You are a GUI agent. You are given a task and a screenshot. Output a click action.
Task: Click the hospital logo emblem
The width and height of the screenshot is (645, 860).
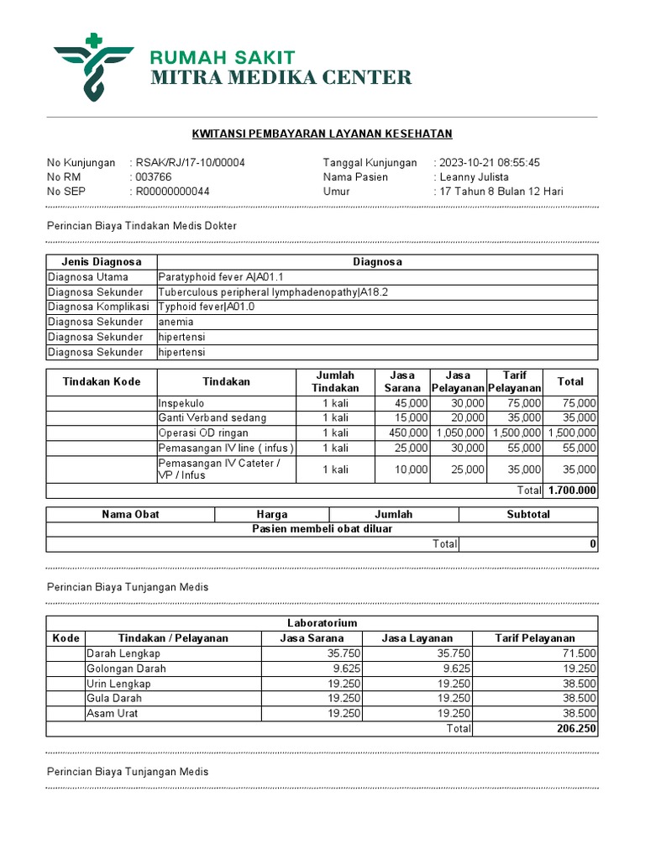(x=93, y=66)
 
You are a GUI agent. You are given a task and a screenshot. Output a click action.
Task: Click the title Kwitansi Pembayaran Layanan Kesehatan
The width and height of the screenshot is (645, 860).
(x=322, y=134)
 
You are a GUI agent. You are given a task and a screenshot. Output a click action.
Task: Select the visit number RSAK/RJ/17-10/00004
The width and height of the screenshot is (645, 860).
(x=190, y=163)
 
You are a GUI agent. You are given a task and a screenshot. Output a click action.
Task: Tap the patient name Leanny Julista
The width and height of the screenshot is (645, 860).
(x=475, y=177)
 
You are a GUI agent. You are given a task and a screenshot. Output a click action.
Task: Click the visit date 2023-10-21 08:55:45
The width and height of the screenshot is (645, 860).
(x=490, y=163)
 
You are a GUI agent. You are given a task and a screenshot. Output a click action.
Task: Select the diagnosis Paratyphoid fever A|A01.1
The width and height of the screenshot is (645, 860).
(x=221, y=277)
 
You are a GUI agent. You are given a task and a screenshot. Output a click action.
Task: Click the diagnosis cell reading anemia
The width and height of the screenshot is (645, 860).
(x=176, y=322)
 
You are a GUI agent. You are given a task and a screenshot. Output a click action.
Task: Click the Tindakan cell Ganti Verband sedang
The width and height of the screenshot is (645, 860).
(x=212, y=418)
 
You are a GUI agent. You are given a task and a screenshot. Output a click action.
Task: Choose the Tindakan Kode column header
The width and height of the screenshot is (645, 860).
(x=102, y=382)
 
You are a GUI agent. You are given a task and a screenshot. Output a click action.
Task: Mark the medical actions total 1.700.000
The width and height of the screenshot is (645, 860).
(x=572, y=490)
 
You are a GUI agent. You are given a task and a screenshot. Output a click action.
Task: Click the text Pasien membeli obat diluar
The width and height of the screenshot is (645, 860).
(x=322, y=529)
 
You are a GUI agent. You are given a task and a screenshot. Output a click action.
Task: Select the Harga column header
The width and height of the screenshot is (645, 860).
(x=272, y=514)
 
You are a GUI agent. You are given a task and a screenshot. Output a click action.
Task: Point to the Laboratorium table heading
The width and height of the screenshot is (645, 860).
(x=322, y=623)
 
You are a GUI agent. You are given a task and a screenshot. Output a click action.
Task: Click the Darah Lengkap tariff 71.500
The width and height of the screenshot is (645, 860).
(x=579, y=653)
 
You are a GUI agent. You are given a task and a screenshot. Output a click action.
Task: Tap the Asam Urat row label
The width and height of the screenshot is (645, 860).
(x=113, y=714)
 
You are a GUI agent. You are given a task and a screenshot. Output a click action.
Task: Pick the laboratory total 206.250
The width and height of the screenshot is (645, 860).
(x=576, y=729)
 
